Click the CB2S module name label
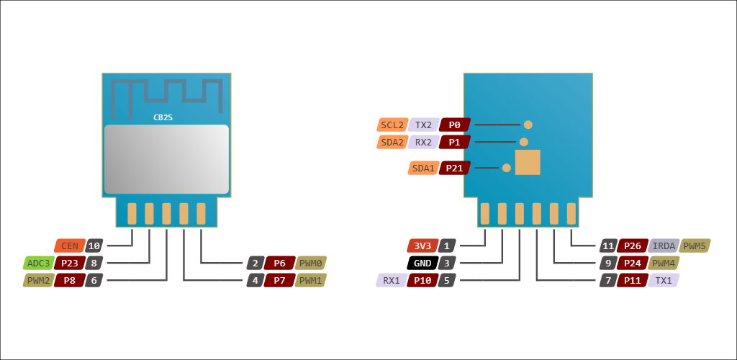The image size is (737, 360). [x=163, y=117]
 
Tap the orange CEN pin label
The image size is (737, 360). [x=70, y=246]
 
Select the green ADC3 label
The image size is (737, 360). [x=38, y=263]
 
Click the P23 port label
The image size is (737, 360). [x=69, y=263]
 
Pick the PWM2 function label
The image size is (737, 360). [x=38, y=280]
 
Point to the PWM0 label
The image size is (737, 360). [x=311, y=263]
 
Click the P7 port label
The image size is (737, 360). [x=279, y=280]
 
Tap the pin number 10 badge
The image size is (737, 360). [x=94, y=246]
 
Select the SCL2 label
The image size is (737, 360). [x=392, y=125]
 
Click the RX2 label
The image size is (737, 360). [x=423, y=142]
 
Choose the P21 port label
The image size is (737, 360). [x=455, y=168]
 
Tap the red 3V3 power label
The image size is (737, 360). [x=422, y=246]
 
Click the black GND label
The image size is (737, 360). [x=422, y=263]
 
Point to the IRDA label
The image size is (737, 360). [x=664, y=246]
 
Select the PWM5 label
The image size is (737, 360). [x=695, y=246]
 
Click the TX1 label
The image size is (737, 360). [x=664, y=280]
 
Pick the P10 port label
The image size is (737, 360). [x=422, y=280]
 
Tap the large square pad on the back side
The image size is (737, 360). [x=528, y=163]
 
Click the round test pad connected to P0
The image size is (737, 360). [x=528, y=125]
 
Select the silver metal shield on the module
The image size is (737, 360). [x=166, y=159]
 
